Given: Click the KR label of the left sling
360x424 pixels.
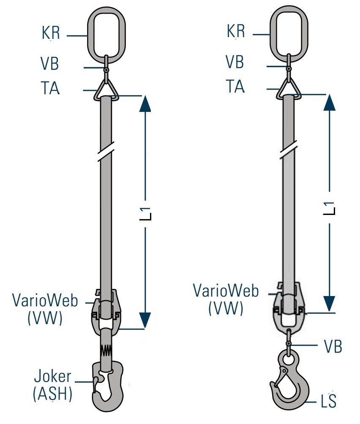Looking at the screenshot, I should pos(51,33).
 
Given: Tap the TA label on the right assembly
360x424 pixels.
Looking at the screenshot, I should pos(235,87).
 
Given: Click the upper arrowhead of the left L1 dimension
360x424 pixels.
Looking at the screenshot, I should pos(145,104).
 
